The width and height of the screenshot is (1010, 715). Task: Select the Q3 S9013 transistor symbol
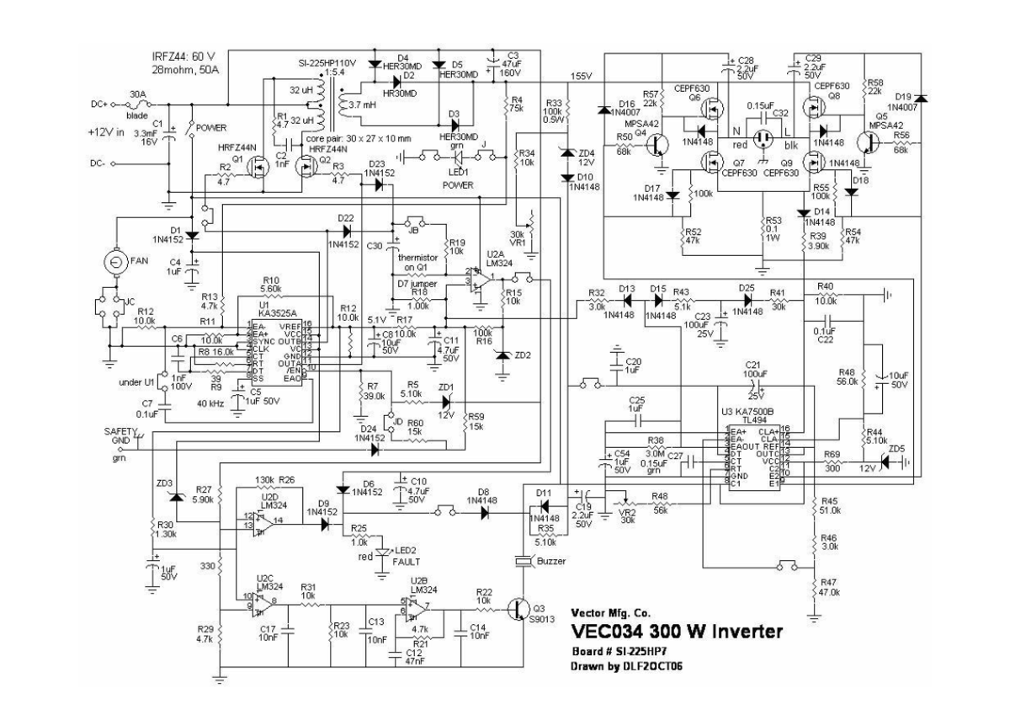click(519, 611)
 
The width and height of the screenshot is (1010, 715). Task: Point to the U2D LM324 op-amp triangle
click(263, 522)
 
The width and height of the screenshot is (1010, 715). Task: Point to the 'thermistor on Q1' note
click(421, 263)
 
